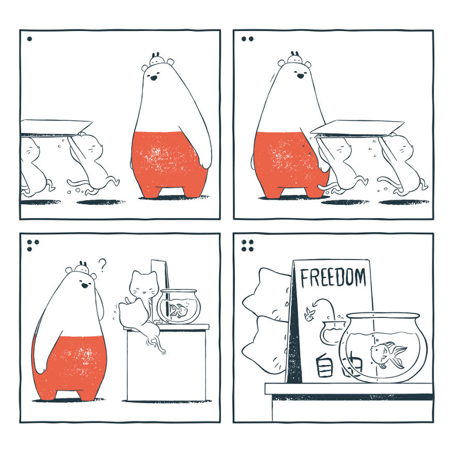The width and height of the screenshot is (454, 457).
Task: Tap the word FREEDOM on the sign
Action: pos(333,278)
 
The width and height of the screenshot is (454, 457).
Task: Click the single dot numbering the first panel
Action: pos(29,39)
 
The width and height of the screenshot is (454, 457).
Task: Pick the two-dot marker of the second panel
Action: pos(247,39)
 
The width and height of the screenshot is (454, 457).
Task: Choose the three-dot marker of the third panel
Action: pos(33,245)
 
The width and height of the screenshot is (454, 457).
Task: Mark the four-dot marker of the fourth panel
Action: pos(247,245)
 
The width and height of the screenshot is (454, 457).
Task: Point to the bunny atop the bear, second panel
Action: pos(295,58)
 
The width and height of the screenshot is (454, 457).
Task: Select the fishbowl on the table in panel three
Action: pos(177,307)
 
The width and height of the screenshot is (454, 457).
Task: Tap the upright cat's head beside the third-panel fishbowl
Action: pos(143,284)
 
